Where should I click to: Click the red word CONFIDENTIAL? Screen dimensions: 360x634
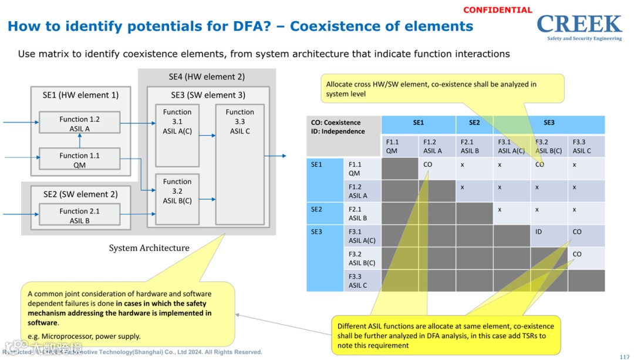point(497,10)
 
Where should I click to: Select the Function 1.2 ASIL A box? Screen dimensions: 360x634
point(79,123)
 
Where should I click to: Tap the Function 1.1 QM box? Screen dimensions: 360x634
point(79,160)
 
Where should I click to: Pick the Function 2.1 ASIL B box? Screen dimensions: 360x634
point(79,216)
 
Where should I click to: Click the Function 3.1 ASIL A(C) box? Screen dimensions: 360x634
point(177,135)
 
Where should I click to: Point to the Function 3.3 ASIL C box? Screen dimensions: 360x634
point(240,164)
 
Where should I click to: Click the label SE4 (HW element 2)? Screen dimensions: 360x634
point(207,77)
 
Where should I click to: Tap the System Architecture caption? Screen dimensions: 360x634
point(149,248)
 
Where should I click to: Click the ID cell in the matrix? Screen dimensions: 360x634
point(538,232)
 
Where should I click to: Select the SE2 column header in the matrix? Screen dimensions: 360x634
point(474,123)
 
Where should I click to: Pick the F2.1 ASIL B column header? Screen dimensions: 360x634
point(470,146)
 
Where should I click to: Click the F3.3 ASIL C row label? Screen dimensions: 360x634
point(358,281)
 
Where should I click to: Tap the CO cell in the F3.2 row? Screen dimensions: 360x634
point(577,254)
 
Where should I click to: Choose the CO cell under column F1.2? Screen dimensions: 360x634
point(427,165)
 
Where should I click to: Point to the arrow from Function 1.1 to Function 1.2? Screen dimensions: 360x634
point(80,142)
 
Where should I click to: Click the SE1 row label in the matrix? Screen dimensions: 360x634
point(317,165)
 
